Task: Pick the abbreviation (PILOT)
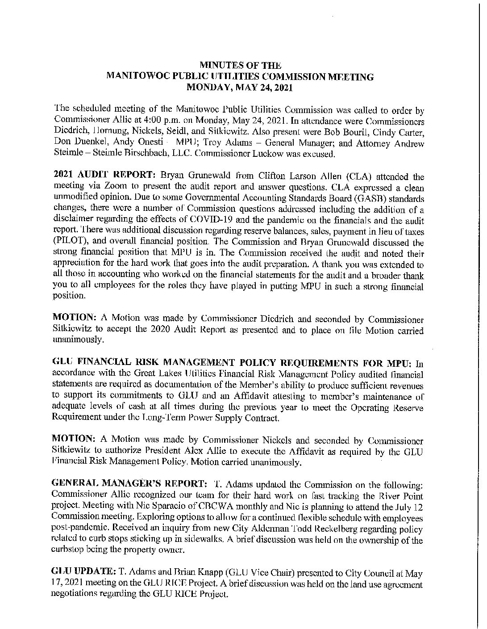click(67, 243)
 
